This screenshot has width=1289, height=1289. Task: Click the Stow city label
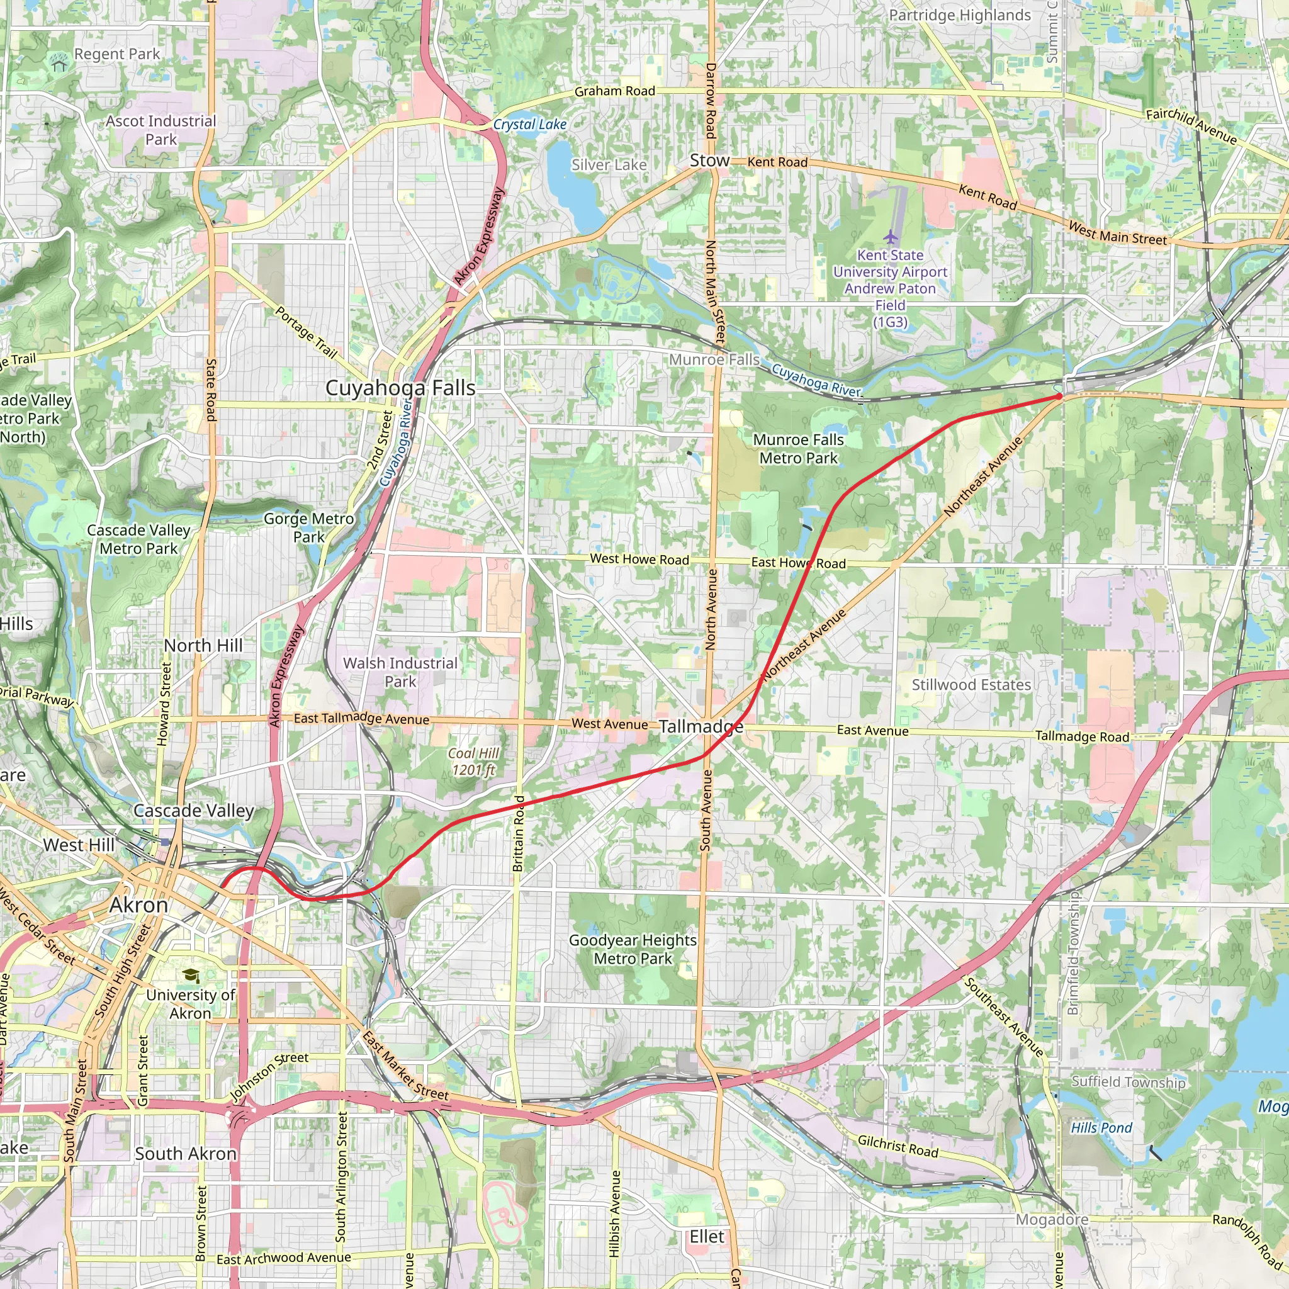coord(709,160)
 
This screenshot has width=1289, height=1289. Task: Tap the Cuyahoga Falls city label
coord(400,388)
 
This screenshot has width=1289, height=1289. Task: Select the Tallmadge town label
coord(701,726)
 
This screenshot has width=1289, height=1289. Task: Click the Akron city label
coord(138,905)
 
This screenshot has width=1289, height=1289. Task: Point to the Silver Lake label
coord(609,165)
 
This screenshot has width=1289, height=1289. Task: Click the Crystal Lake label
coord(530,125)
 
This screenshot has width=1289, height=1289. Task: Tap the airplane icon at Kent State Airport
coord(890,237)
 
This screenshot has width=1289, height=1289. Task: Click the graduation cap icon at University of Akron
coord(191,976)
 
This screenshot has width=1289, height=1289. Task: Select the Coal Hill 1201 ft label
coord(474,762)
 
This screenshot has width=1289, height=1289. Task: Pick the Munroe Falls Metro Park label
coord(799,449)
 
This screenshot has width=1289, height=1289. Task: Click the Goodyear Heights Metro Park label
coord(633,948)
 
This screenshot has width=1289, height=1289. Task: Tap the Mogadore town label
coord(1052,1220)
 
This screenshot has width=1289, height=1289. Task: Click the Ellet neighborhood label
coord(707,1236)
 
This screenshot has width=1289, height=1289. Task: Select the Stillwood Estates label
coord(971,685)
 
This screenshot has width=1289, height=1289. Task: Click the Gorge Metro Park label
coord(309,527)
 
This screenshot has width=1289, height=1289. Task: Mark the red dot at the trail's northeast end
coord(1059,397)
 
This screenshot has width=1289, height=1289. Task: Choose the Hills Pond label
coord(1101,1127)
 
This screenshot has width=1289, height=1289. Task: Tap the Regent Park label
coord(117,54)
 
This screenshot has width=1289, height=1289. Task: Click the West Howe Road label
coord(639,559)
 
